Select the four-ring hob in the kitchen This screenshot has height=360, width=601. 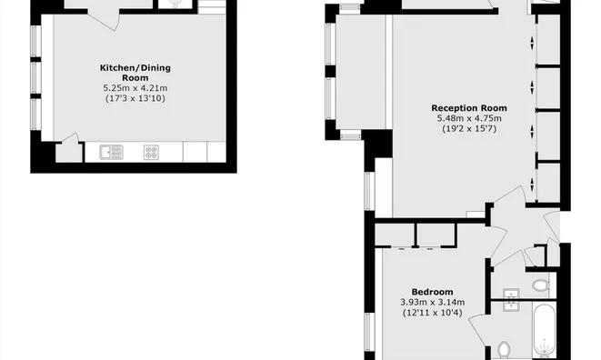coord(151,153)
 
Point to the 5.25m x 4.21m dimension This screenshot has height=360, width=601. coord(135,87)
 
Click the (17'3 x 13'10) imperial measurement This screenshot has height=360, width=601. coord(135,97)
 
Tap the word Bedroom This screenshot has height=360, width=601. coord(433,292)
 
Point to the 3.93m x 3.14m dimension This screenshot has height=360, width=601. coord(433,303)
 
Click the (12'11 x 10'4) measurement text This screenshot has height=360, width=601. coord(433,313)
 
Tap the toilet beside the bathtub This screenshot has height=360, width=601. coord(506,349)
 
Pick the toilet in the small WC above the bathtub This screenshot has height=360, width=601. coord(540,285)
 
